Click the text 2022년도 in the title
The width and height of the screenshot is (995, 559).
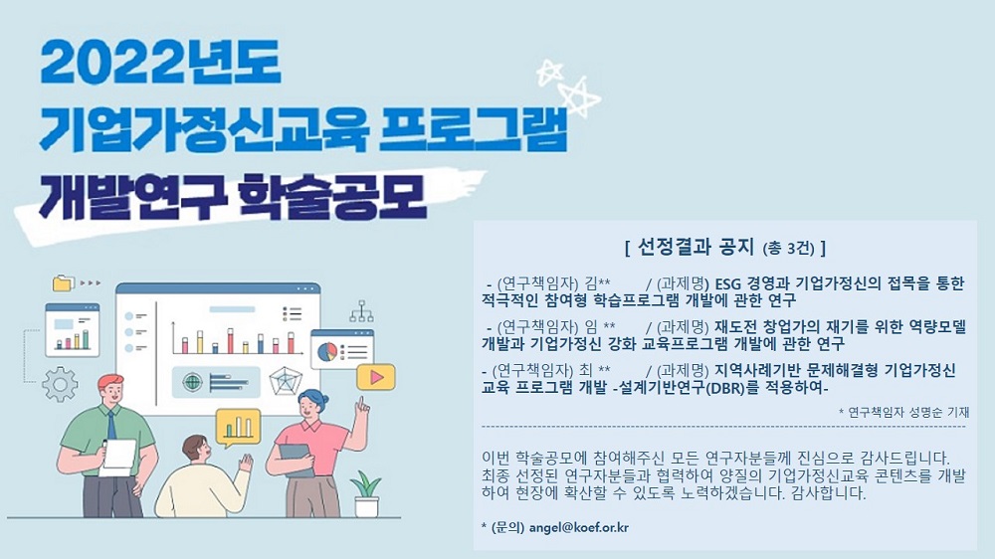pos(161,64)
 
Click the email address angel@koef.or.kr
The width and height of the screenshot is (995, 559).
pos(579,527)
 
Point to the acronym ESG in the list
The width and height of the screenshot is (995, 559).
pos(728,283)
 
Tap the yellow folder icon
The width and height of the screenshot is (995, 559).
pos(63,282)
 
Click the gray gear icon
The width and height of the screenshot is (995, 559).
pos(60,385)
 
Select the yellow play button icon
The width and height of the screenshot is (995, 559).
pos(376,378)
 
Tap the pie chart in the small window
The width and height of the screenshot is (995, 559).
pos(327,351)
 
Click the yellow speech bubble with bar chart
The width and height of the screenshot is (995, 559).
pos(238,428)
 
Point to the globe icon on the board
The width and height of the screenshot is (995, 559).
pos(192,382)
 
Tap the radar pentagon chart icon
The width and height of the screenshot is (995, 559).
pos(285,381)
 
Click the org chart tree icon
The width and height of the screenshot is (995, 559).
pos(361,310)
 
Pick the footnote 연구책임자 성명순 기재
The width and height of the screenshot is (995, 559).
pos(908,413)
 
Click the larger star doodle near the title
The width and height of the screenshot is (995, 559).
pos(579,97)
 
